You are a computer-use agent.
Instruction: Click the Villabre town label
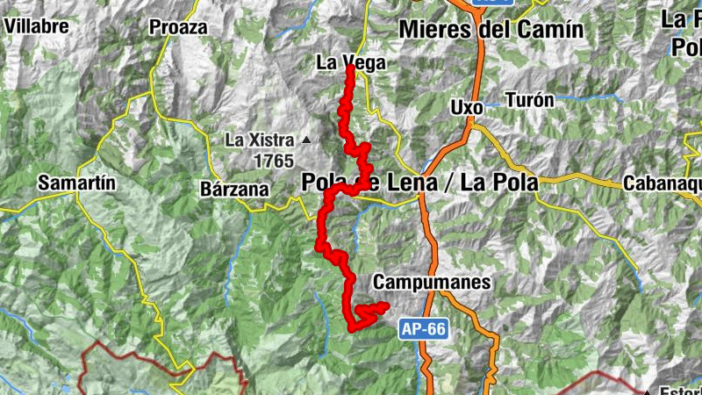pos(36,25)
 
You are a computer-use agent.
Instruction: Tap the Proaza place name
pos(178,27)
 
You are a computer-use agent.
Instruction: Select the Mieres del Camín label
pos(491,29)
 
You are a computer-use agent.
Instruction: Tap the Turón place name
pos(530,100)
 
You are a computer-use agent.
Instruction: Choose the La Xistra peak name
pos(260,140)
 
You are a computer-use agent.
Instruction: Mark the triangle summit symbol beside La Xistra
pos(306,140)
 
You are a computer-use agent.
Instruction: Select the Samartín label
pos(77,183)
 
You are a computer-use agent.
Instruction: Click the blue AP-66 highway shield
pos(426,330)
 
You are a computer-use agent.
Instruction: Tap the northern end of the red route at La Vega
pos(349,68)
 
